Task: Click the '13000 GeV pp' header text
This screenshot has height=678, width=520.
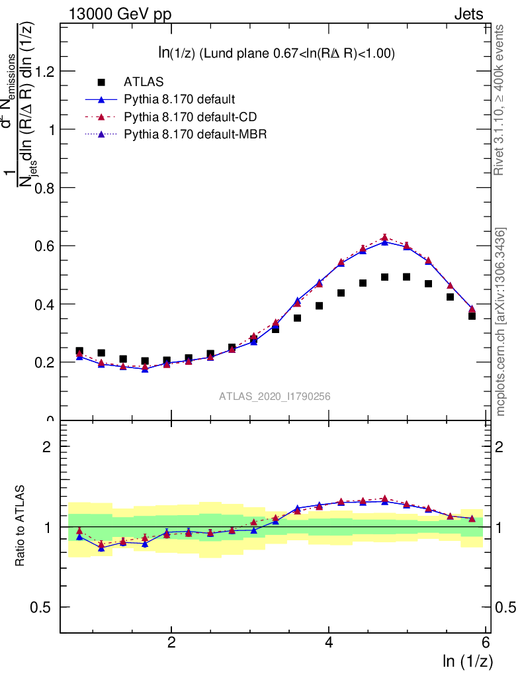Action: coord(120,15)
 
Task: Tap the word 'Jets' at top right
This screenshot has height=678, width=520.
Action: coord(468,15)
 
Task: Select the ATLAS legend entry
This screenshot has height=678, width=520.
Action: coord(142,82)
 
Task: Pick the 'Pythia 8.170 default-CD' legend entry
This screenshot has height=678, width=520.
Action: coord(190,117)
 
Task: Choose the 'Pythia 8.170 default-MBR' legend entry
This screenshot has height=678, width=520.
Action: coord(194,134)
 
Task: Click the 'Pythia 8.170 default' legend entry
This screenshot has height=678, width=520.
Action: coord(179,100)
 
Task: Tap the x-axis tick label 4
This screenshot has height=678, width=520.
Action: coord(329,643)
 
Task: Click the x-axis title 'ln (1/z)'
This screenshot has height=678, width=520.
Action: coord(468,661)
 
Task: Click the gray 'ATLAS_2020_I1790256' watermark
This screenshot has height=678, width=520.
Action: coord(275,397)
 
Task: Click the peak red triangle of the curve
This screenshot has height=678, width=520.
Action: coord(384,238)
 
